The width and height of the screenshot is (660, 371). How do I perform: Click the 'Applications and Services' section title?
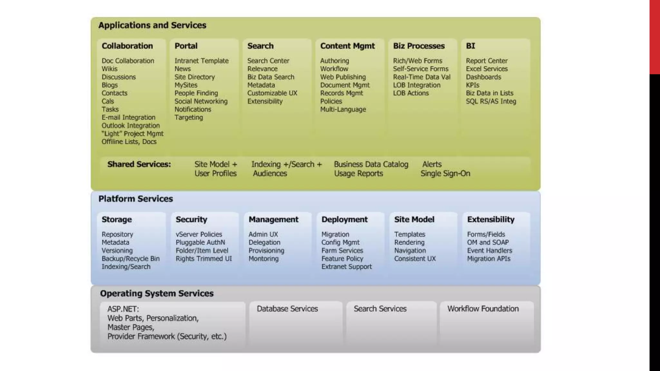point(152,25)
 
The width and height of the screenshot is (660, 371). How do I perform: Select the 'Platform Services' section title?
point(136,199)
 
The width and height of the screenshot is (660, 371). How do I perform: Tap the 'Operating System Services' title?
point(157,293)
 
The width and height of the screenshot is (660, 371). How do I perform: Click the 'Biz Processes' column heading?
point(419,46)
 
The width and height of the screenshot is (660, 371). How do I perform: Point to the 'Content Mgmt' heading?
point(347,46)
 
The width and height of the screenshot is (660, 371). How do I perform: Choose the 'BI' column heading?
point(471,46)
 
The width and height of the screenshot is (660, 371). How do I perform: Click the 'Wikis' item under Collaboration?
point(110,69)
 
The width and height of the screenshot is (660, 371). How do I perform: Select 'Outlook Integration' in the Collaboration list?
point(131,126)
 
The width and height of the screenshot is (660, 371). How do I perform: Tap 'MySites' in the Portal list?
point(186,85)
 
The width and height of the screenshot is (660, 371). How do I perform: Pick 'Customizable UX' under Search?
point(272,93)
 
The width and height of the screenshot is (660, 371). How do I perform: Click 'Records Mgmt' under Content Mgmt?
point(342,93)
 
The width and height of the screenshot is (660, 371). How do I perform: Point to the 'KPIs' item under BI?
point(472,85)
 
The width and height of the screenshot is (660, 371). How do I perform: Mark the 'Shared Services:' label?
point(139,164)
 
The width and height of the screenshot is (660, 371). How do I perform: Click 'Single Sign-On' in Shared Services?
point(445,174)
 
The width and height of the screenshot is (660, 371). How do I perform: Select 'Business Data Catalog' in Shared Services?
point(371,164)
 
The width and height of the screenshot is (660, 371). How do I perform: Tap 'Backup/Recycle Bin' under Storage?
point(131,259)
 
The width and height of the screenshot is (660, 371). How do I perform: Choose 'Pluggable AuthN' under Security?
point(200,243)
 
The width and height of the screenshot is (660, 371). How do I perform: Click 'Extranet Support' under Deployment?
point(346,267)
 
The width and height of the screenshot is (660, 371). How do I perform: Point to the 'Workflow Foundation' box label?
point(483,309)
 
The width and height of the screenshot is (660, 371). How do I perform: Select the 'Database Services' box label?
point(287,309)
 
